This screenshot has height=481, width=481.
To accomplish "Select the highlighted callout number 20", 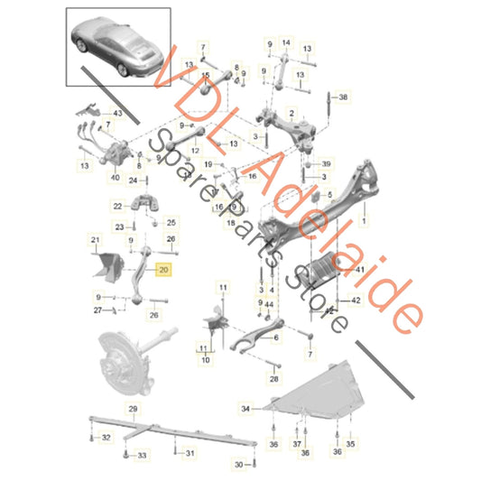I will [x=162, y=269].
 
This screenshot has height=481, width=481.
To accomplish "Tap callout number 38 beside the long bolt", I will [x=343, y=96].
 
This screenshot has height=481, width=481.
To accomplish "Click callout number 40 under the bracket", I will [x=116, y=178].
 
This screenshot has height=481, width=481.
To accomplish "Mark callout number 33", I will [x=142, y=457].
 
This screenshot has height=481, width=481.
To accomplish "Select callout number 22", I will [x=117, y=207].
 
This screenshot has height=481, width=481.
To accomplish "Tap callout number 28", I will [x=273, y=380].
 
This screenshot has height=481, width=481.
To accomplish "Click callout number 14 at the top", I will [x=287, y=42].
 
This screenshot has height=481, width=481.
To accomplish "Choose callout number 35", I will [x=351, y=445].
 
